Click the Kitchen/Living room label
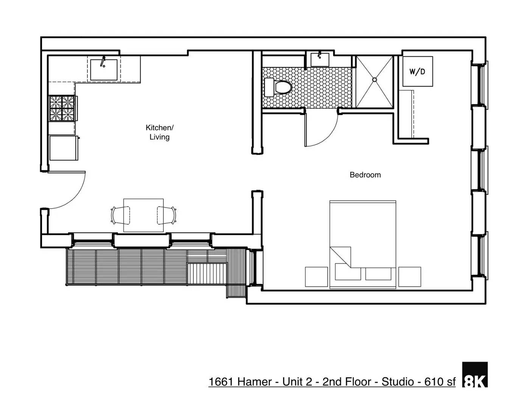tap(159, 132)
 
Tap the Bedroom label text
tap(365, 175)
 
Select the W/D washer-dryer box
tap(417, 72)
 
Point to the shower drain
tap(374, 80)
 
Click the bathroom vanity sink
tap(320, 60)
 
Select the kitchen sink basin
tap(104, 69)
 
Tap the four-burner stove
tap(62, 108)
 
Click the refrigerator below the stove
tap(64, 148)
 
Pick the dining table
tap(143, 215)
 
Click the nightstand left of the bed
tap(316, 277)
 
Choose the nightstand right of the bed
tap(409, 277)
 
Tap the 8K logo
tap(475, 375)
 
